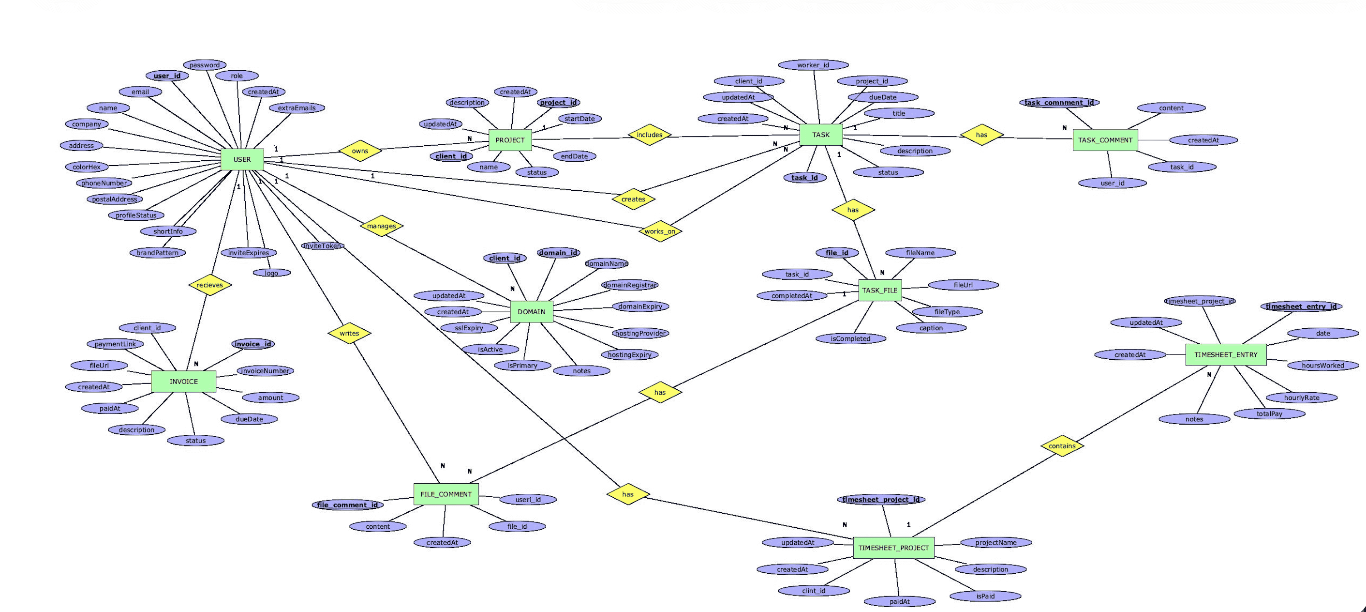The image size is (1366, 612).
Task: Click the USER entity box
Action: click(x=242, y=159)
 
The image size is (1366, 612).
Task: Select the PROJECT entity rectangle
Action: click(x=510, y=140)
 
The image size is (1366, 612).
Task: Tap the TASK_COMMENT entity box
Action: click(x=1105, y=140)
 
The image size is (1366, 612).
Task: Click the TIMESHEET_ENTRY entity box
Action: click(x=1225, y=354)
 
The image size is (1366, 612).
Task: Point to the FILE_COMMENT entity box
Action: click(x=445, y=494)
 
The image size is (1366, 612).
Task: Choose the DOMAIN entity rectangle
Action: click(x=531, y=312)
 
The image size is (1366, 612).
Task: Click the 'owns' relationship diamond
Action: click(x=359, y=151)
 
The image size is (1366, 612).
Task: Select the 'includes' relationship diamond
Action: click(x=649, y=135)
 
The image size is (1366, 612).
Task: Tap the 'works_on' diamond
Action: click(x=660, y=231)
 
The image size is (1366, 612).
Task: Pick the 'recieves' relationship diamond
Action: click(x=210, y=285)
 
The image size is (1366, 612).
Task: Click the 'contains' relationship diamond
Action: click(x=1062, y=446)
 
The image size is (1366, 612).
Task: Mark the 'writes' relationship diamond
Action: click(x=349, y=333)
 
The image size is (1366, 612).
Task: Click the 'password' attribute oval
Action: click(x=205, y=65)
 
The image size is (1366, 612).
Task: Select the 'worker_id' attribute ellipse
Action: click(x=813, y=65)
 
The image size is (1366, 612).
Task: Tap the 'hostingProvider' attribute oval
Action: click(x=640, y=333)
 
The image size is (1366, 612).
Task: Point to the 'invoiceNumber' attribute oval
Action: click(x=265, y=371)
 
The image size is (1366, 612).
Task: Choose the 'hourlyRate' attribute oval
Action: click(x=1301, y=398)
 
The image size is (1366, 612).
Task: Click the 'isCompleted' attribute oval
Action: click(x=850, y=338)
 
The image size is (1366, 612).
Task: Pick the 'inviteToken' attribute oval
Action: click(x=323, y=246)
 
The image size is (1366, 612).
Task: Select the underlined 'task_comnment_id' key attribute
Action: click(x=1058, y=103)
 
